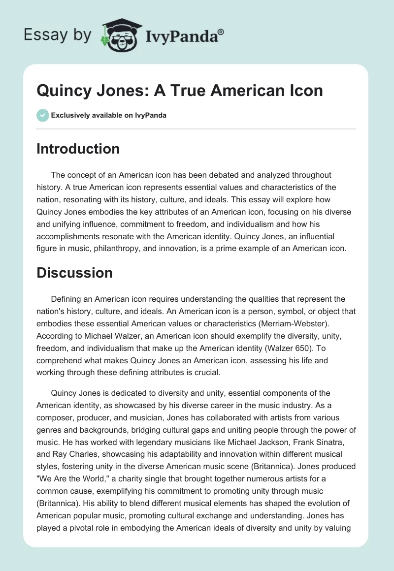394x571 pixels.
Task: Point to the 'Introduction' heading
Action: [x=78, y=149]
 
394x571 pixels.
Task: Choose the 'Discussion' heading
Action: [x=74, y=273]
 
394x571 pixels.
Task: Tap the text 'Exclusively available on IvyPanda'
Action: [x=109, y=115]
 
